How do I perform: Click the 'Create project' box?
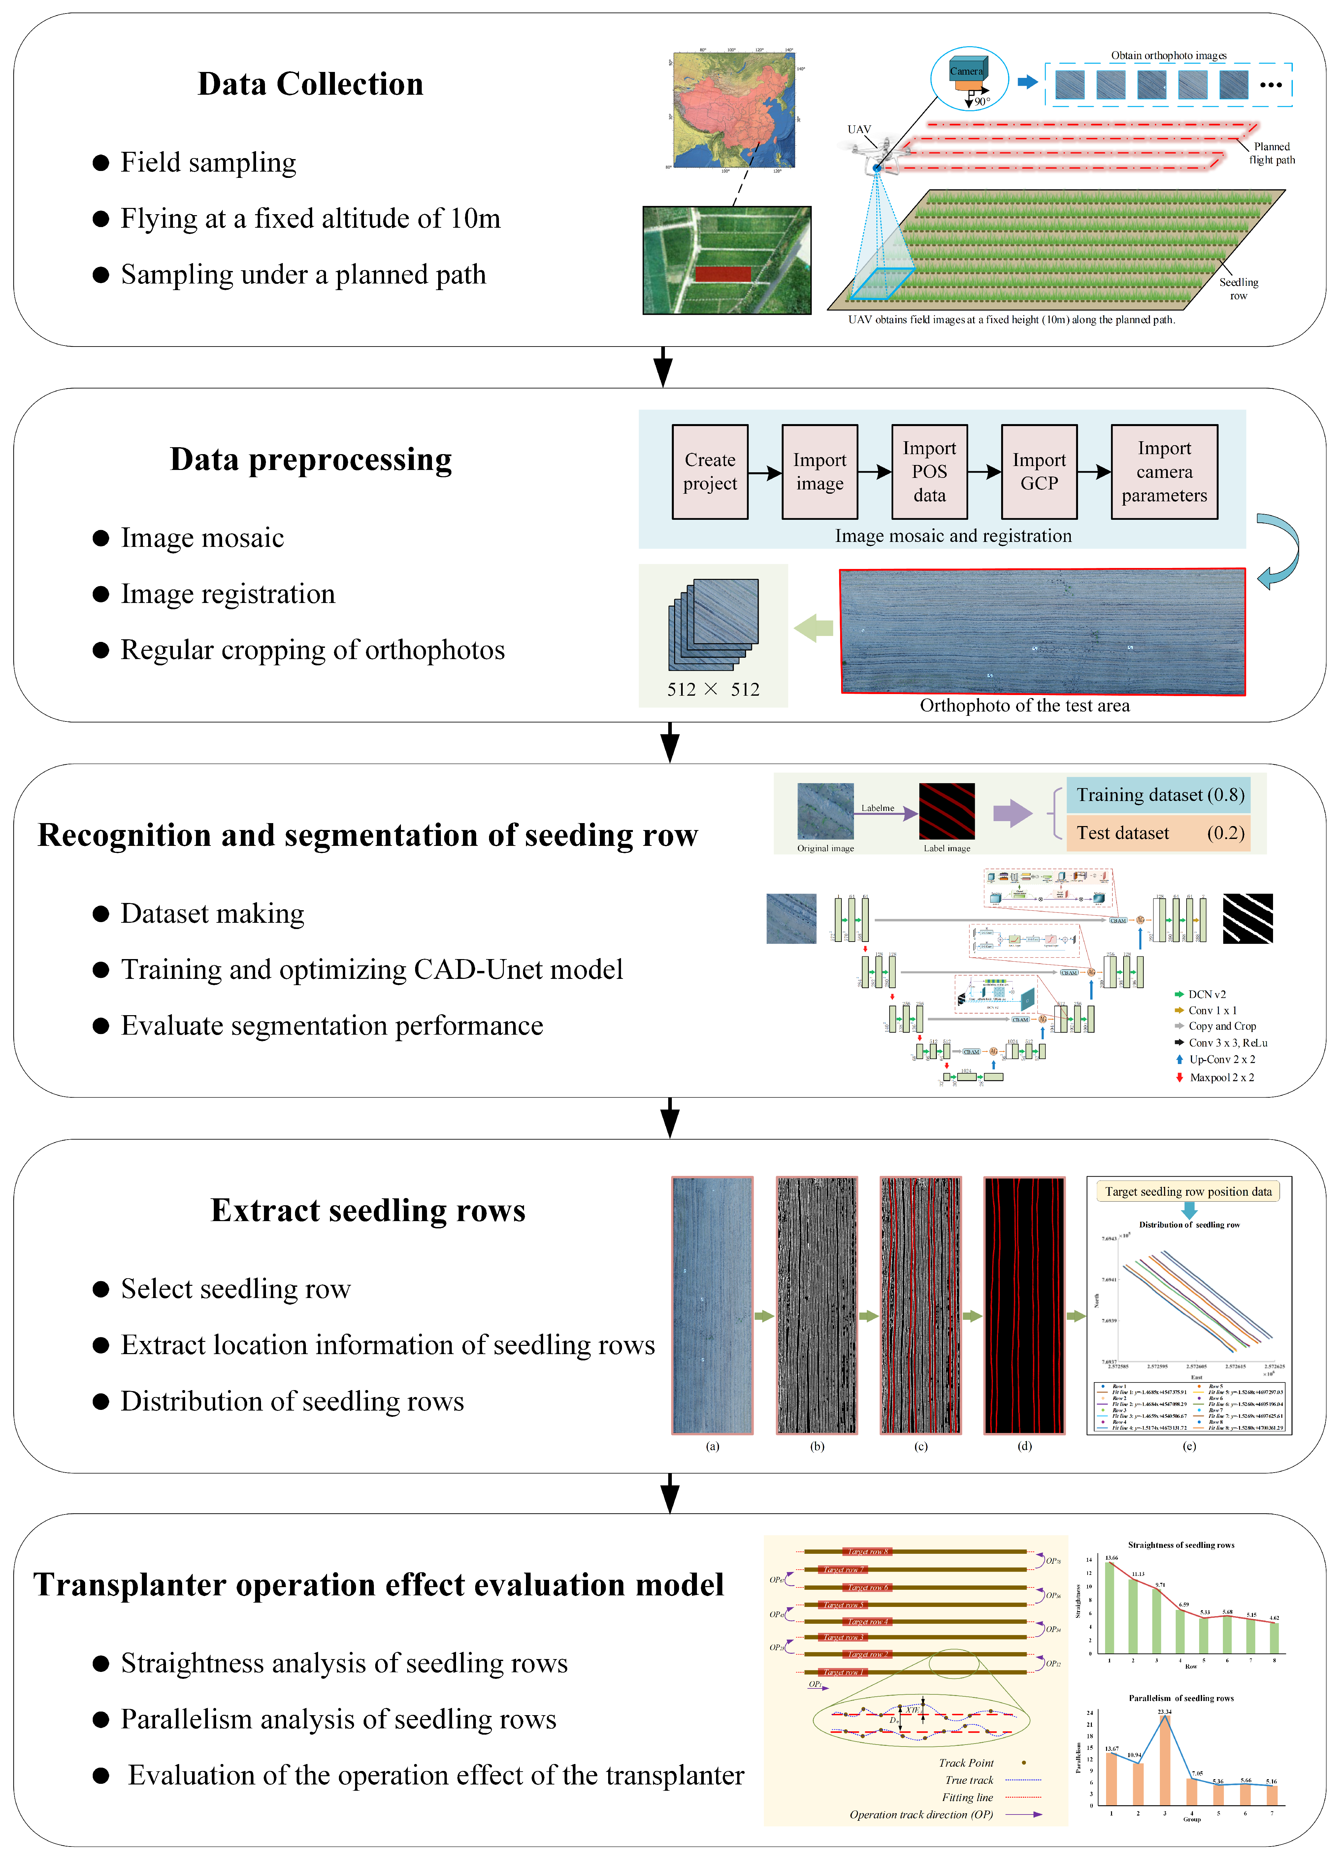(710, 471)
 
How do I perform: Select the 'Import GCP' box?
(1038, 471)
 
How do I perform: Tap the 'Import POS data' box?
(929, 471)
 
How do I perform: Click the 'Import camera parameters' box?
(1163, 471)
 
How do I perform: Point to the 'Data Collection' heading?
(310, 84)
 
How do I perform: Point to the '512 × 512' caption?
(713, 689)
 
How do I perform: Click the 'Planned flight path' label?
(1271, 153)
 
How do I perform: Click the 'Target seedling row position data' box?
(1187, 1191)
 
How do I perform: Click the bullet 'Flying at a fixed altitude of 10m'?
(310, 218)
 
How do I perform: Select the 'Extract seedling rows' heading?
(368, 1211)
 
